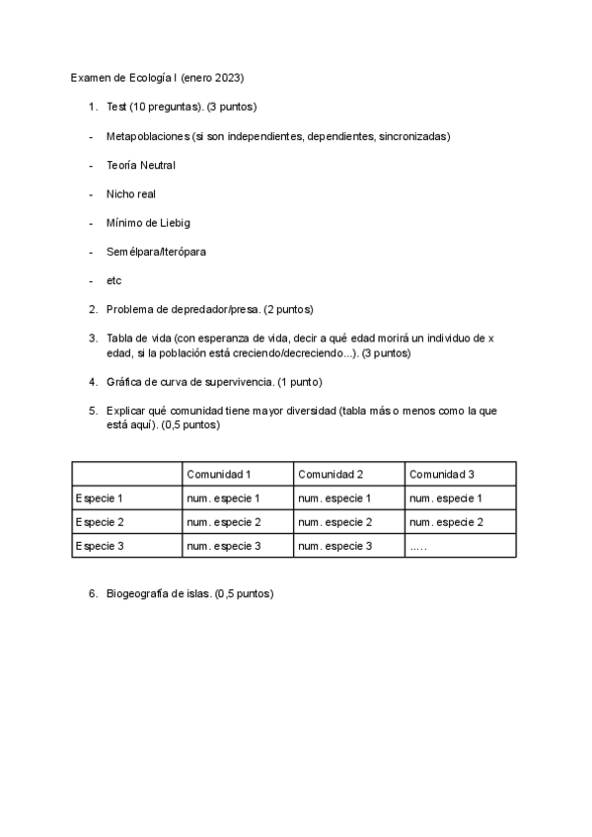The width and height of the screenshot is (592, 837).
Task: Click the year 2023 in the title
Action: [x=227, y=77]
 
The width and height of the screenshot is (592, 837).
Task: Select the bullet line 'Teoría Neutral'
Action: [x=140, y=165]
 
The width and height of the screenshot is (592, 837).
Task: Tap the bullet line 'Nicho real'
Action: [x=130, y=194]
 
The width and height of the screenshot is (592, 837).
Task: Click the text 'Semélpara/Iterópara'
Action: [x=156, y=252]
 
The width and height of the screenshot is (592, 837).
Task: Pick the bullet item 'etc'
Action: [x=113, y=280]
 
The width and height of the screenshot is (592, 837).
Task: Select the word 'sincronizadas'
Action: [x=413, y=136]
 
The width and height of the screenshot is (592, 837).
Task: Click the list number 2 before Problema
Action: [x=92, y=310]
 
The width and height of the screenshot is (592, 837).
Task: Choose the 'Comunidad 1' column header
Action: [x=218, y=474]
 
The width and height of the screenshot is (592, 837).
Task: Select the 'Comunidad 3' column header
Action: [x=441, y=474]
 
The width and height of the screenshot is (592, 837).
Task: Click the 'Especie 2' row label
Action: [x=100, y=521]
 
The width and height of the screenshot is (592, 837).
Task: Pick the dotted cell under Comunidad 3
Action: [x=418, y=545]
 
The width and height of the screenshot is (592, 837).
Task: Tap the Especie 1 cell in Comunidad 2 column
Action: [x=334, y=497]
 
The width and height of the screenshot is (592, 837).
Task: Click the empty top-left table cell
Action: [x=126, y=474]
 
